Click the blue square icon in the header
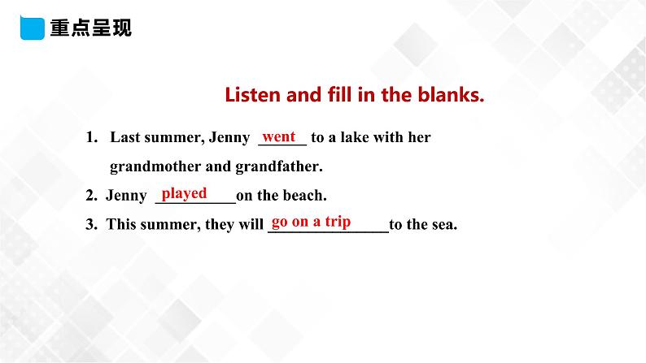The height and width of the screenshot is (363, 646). [x=29, y=28]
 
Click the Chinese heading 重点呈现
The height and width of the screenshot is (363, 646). [x=90, y=29]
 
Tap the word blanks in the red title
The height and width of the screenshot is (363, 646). [x=452, y=96]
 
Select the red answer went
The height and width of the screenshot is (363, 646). [x=280, y=136]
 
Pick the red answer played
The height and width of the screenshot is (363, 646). [x=184, y=193]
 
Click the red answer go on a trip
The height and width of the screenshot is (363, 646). [x=311, y=222]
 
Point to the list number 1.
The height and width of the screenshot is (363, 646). [x=90, y=138]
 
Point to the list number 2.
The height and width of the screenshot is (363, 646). [x=90, y=196]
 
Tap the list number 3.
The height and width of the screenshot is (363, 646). [x=90, y=225]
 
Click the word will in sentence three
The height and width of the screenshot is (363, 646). [x=251, y=225]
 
